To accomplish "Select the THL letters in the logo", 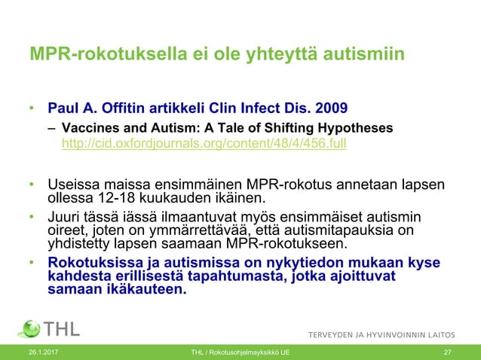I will (x=62, y=329).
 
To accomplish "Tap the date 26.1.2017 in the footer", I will (x=42, y=352).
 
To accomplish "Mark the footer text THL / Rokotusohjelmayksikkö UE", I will (x=240, y=352).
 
